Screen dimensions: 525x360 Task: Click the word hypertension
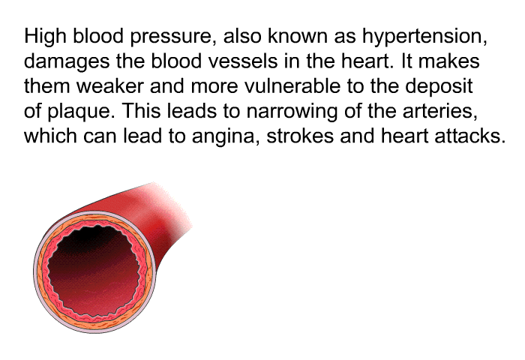click(424, 37)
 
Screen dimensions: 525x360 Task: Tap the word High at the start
click(45, 37)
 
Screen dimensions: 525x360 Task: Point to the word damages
click(67, 61)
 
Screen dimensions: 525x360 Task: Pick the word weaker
click(110, 86)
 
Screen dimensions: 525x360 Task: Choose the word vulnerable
click(292, 86)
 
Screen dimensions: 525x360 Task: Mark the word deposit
click(439, 87)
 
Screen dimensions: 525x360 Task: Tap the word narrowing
click(292, 112)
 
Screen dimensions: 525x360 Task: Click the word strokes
click(300, 136)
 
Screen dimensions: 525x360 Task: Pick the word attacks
click(469, 136)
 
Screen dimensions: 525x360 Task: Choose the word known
click(298, 36)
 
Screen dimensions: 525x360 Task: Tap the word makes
click(449, 61)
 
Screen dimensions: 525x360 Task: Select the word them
click(47, 86)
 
